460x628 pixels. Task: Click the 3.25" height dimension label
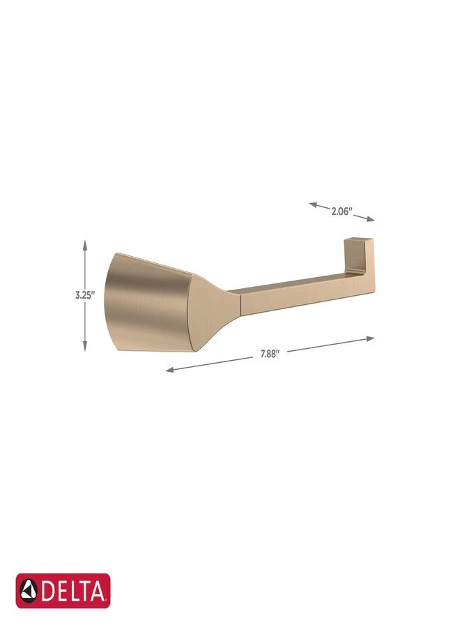[84, 295]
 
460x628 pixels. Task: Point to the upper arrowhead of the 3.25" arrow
[85, 242]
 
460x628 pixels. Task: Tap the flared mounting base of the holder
[146, 304]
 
